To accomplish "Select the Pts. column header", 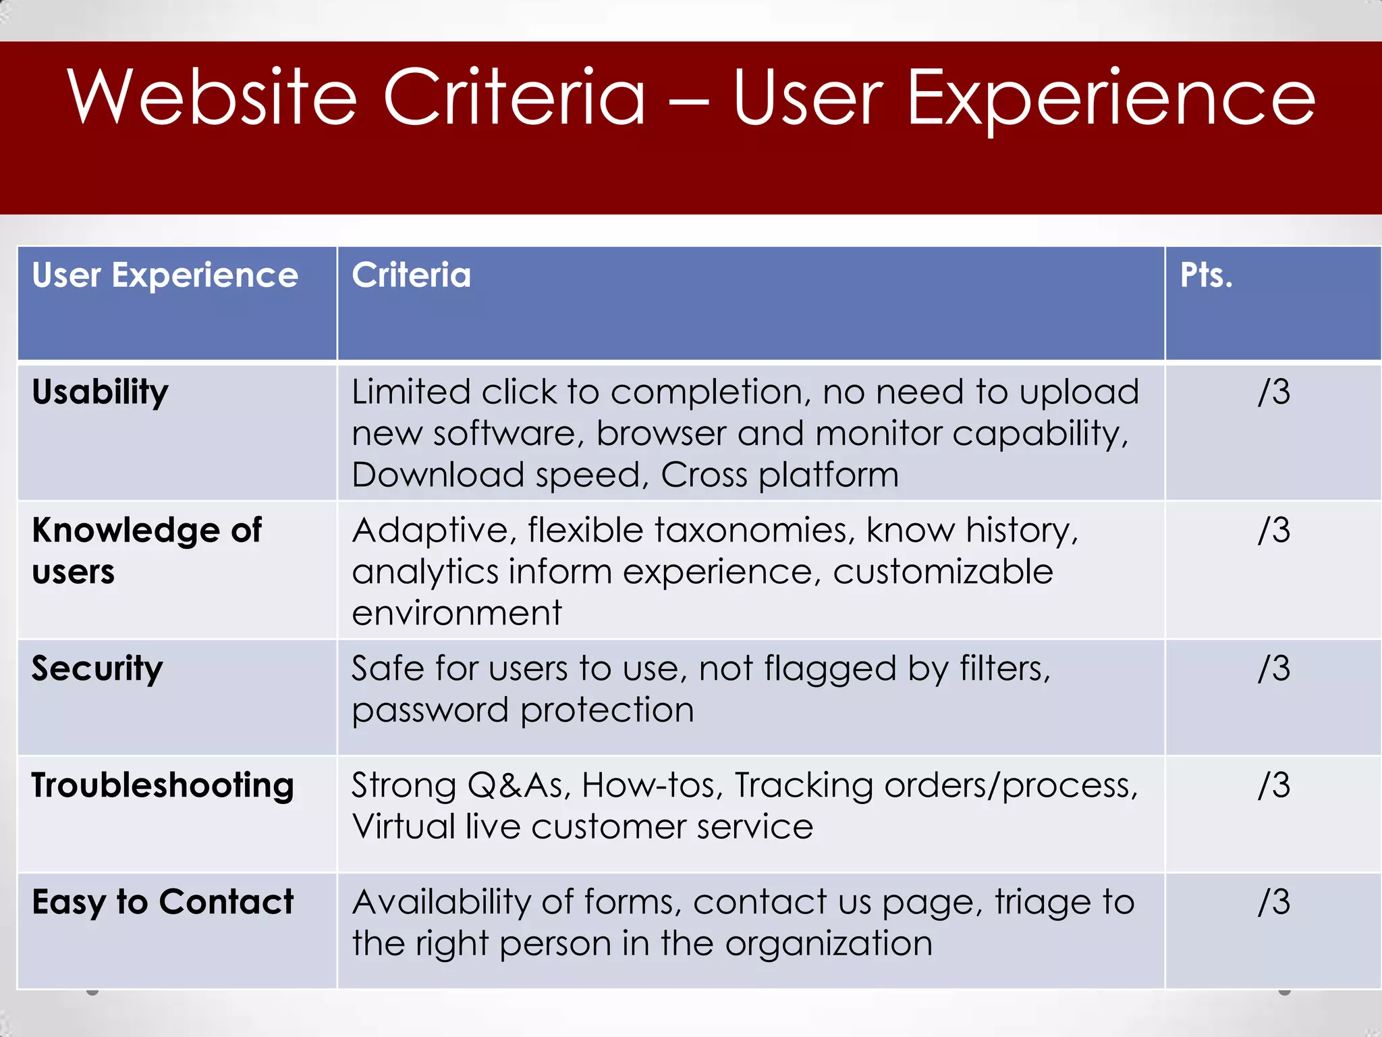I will click(1206, 275).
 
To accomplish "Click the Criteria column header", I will click(411, 275).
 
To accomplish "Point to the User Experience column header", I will click(165, 275).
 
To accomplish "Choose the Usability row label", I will click(100, 392).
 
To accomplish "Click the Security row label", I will click(97, 669).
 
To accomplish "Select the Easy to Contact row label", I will click(163, 903).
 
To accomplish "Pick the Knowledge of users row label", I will click(146, 550).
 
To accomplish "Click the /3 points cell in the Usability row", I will click(1273, 392).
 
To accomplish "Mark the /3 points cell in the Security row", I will click(1273, 669).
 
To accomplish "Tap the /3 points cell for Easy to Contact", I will click(1273, 903).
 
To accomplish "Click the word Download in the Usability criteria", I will click(438, 475).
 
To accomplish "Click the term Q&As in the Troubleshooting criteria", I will click(519, 786).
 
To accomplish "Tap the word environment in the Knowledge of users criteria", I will click(456, 613).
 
